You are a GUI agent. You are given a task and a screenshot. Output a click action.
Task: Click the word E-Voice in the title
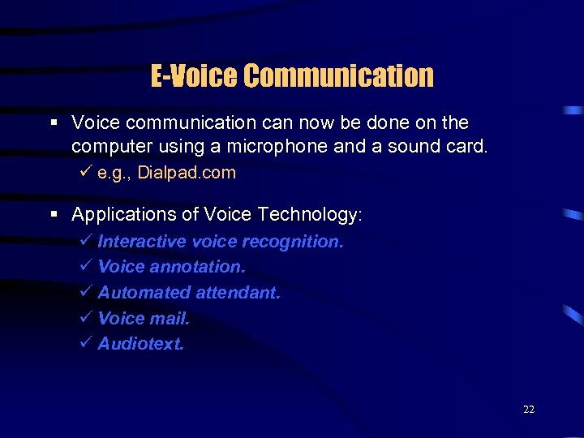tap(195, 76)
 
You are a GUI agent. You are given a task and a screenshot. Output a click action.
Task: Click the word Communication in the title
tap(339, 76)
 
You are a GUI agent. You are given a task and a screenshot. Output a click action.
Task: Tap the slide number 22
tap(529, 410)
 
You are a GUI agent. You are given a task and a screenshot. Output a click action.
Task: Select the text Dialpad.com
tap(187, 173)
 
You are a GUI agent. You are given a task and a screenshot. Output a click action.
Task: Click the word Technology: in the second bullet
tap(312, 215)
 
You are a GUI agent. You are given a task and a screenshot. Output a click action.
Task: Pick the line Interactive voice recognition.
tap(221, 242)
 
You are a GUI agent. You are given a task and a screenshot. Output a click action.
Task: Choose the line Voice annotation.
tap(171, 267)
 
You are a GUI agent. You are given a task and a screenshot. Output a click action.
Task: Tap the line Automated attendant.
tap(189, 293)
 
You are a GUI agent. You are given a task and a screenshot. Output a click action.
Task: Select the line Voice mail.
tap(144, 319)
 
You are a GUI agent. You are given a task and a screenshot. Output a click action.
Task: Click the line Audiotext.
tap(141, 344)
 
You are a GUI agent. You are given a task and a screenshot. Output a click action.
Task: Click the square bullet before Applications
tap(54, 215)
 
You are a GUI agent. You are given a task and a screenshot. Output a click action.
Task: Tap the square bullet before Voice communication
tap(54, 122)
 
